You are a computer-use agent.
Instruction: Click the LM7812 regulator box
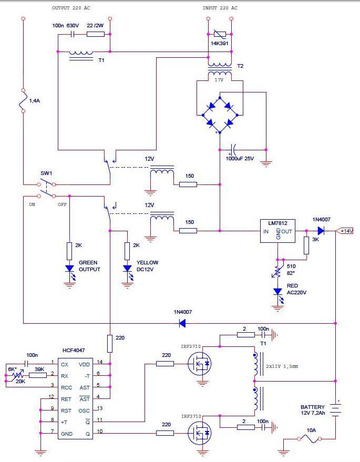click(277, 231)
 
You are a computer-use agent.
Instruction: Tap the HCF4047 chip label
click(74, 351)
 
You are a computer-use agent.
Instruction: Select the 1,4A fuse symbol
click(23, 101)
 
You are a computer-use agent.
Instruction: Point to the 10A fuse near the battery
click(310, 439)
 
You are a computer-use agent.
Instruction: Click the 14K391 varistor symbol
click(220, 34)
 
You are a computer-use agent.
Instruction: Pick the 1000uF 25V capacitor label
click(240, 159)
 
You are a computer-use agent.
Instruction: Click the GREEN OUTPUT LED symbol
click(69, 271)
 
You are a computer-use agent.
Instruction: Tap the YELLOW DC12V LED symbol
click(127, 271)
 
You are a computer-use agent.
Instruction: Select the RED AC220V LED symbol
click(278, 294)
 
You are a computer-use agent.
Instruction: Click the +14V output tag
click(345, 231)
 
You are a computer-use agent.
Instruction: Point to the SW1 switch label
click(46, 173)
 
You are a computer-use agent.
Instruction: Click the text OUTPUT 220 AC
click(71, 8)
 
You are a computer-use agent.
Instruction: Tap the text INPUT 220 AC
click(220, 8)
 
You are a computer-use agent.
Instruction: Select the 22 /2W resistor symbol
click(96, 34)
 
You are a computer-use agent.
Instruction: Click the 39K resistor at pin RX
click(38, 375)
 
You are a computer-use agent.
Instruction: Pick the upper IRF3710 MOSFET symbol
click(199, 364)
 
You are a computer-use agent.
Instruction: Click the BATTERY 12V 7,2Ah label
click(313, 410)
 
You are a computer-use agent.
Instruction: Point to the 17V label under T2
click(219, 80)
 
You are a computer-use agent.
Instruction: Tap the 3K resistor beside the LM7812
click(306, 245)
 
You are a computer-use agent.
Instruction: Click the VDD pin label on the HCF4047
click(84, 364)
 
